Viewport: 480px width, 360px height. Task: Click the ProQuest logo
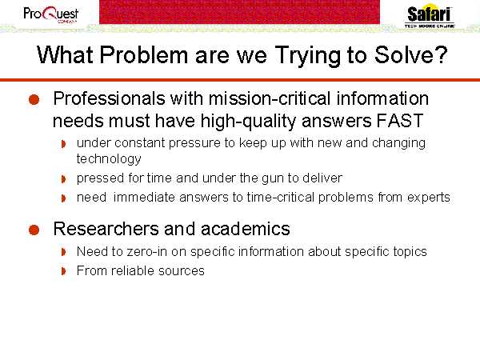pos(51,14)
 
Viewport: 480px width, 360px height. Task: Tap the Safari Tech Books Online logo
pos(430,16)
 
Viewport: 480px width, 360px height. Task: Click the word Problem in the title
pos(143,55)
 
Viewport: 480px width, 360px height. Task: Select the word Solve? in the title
pos(411,54)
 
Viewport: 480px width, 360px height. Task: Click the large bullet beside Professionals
pos(34,100)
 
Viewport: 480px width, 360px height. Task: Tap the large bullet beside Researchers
pos(34,230)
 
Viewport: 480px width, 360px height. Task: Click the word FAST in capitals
pos(400,121)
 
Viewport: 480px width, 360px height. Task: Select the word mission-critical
pos(270,98)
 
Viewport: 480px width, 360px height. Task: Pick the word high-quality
pos(249,122)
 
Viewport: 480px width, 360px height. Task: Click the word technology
pos(109,159)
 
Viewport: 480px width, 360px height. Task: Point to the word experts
pos(429,198)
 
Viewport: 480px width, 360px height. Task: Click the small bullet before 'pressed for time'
pos(63,178)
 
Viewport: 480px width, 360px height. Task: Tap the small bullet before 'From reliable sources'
pos(63,271)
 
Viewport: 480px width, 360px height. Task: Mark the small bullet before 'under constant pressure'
pos(63,143)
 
